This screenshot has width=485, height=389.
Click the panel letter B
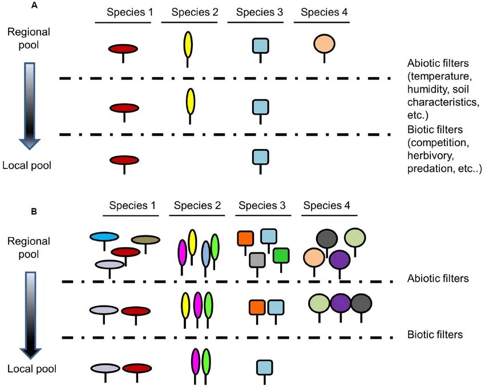[34, 212]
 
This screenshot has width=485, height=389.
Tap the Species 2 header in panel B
[197, 206]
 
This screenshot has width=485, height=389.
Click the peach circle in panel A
[325, 43]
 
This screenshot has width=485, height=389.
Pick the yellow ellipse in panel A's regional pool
[188, 45]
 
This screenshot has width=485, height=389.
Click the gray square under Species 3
[257, 260]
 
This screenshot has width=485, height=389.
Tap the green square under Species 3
[281, 255]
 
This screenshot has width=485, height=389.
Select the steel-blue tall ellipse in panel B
[206, 253]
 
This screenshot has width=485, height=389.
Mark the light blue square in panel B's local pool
[264, 367]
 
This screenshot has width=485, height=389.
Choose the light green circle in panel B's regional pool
[355, 237]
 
